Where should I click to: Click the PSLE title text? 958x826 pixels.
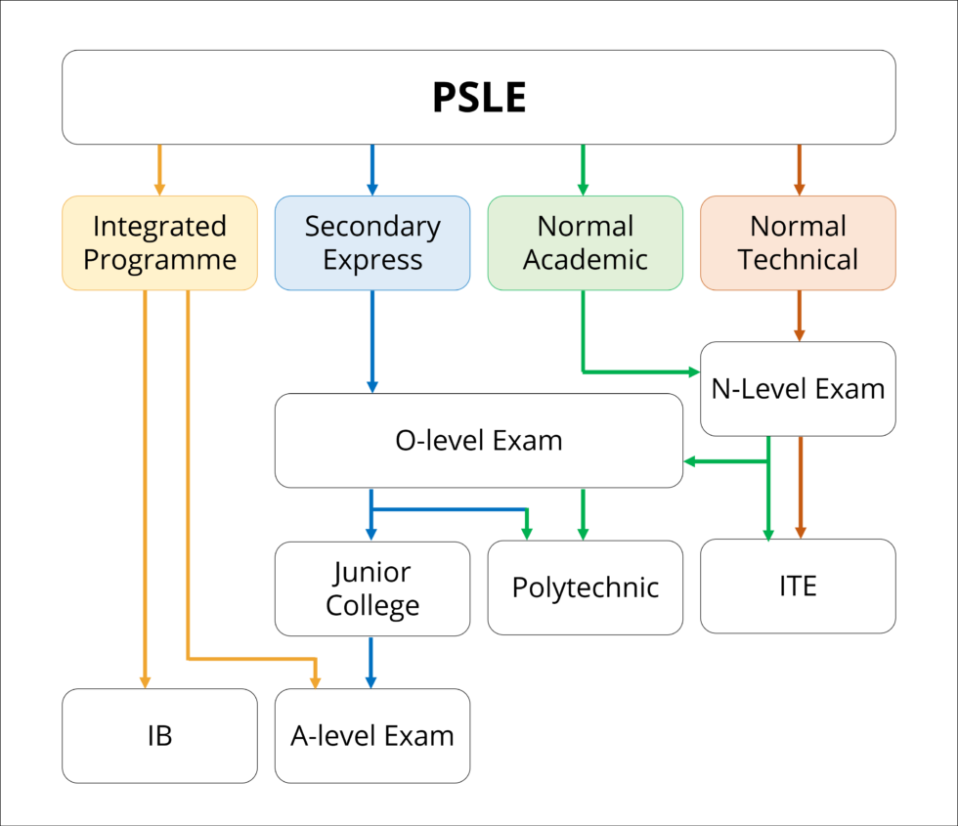479,98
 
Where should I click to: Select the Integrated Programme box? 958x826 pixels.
159,242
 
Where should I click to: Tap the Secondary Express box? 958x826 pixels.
372,242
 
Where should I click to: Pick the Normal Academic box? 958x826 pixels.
585,242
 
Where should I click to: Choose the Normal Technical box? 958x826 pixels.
798,242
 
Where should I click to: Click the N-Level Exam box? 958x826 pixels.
798,388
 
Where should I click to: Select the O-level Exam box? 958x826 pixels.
479,440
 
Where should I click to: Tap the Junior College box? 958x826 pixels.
372,588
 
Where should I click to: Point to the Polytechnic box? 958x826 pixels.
585,587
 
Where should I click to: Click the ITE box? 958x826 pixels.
798,586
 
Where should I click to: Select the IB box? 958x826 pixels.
159,735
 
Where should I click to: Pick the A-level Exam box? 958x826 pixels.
372,735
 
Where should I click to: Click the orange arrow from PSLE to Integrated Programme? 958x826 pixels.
159,169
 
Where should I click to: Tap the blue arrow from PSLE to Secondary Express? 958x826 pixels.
372,169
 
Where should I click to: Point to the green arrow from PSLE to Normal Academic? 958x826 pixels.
584,169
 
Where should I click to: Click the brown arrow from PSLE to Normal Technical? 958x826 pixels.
800,169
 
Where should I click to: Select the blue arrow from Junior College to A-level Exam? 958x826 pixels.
371,662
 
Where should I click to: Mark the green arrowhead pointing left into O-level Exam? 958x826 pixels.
690,460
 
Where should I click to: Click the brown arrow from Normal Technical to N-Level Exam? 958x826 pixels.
800,315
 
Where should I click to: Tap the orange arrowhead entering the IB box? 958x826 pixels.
145,681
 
